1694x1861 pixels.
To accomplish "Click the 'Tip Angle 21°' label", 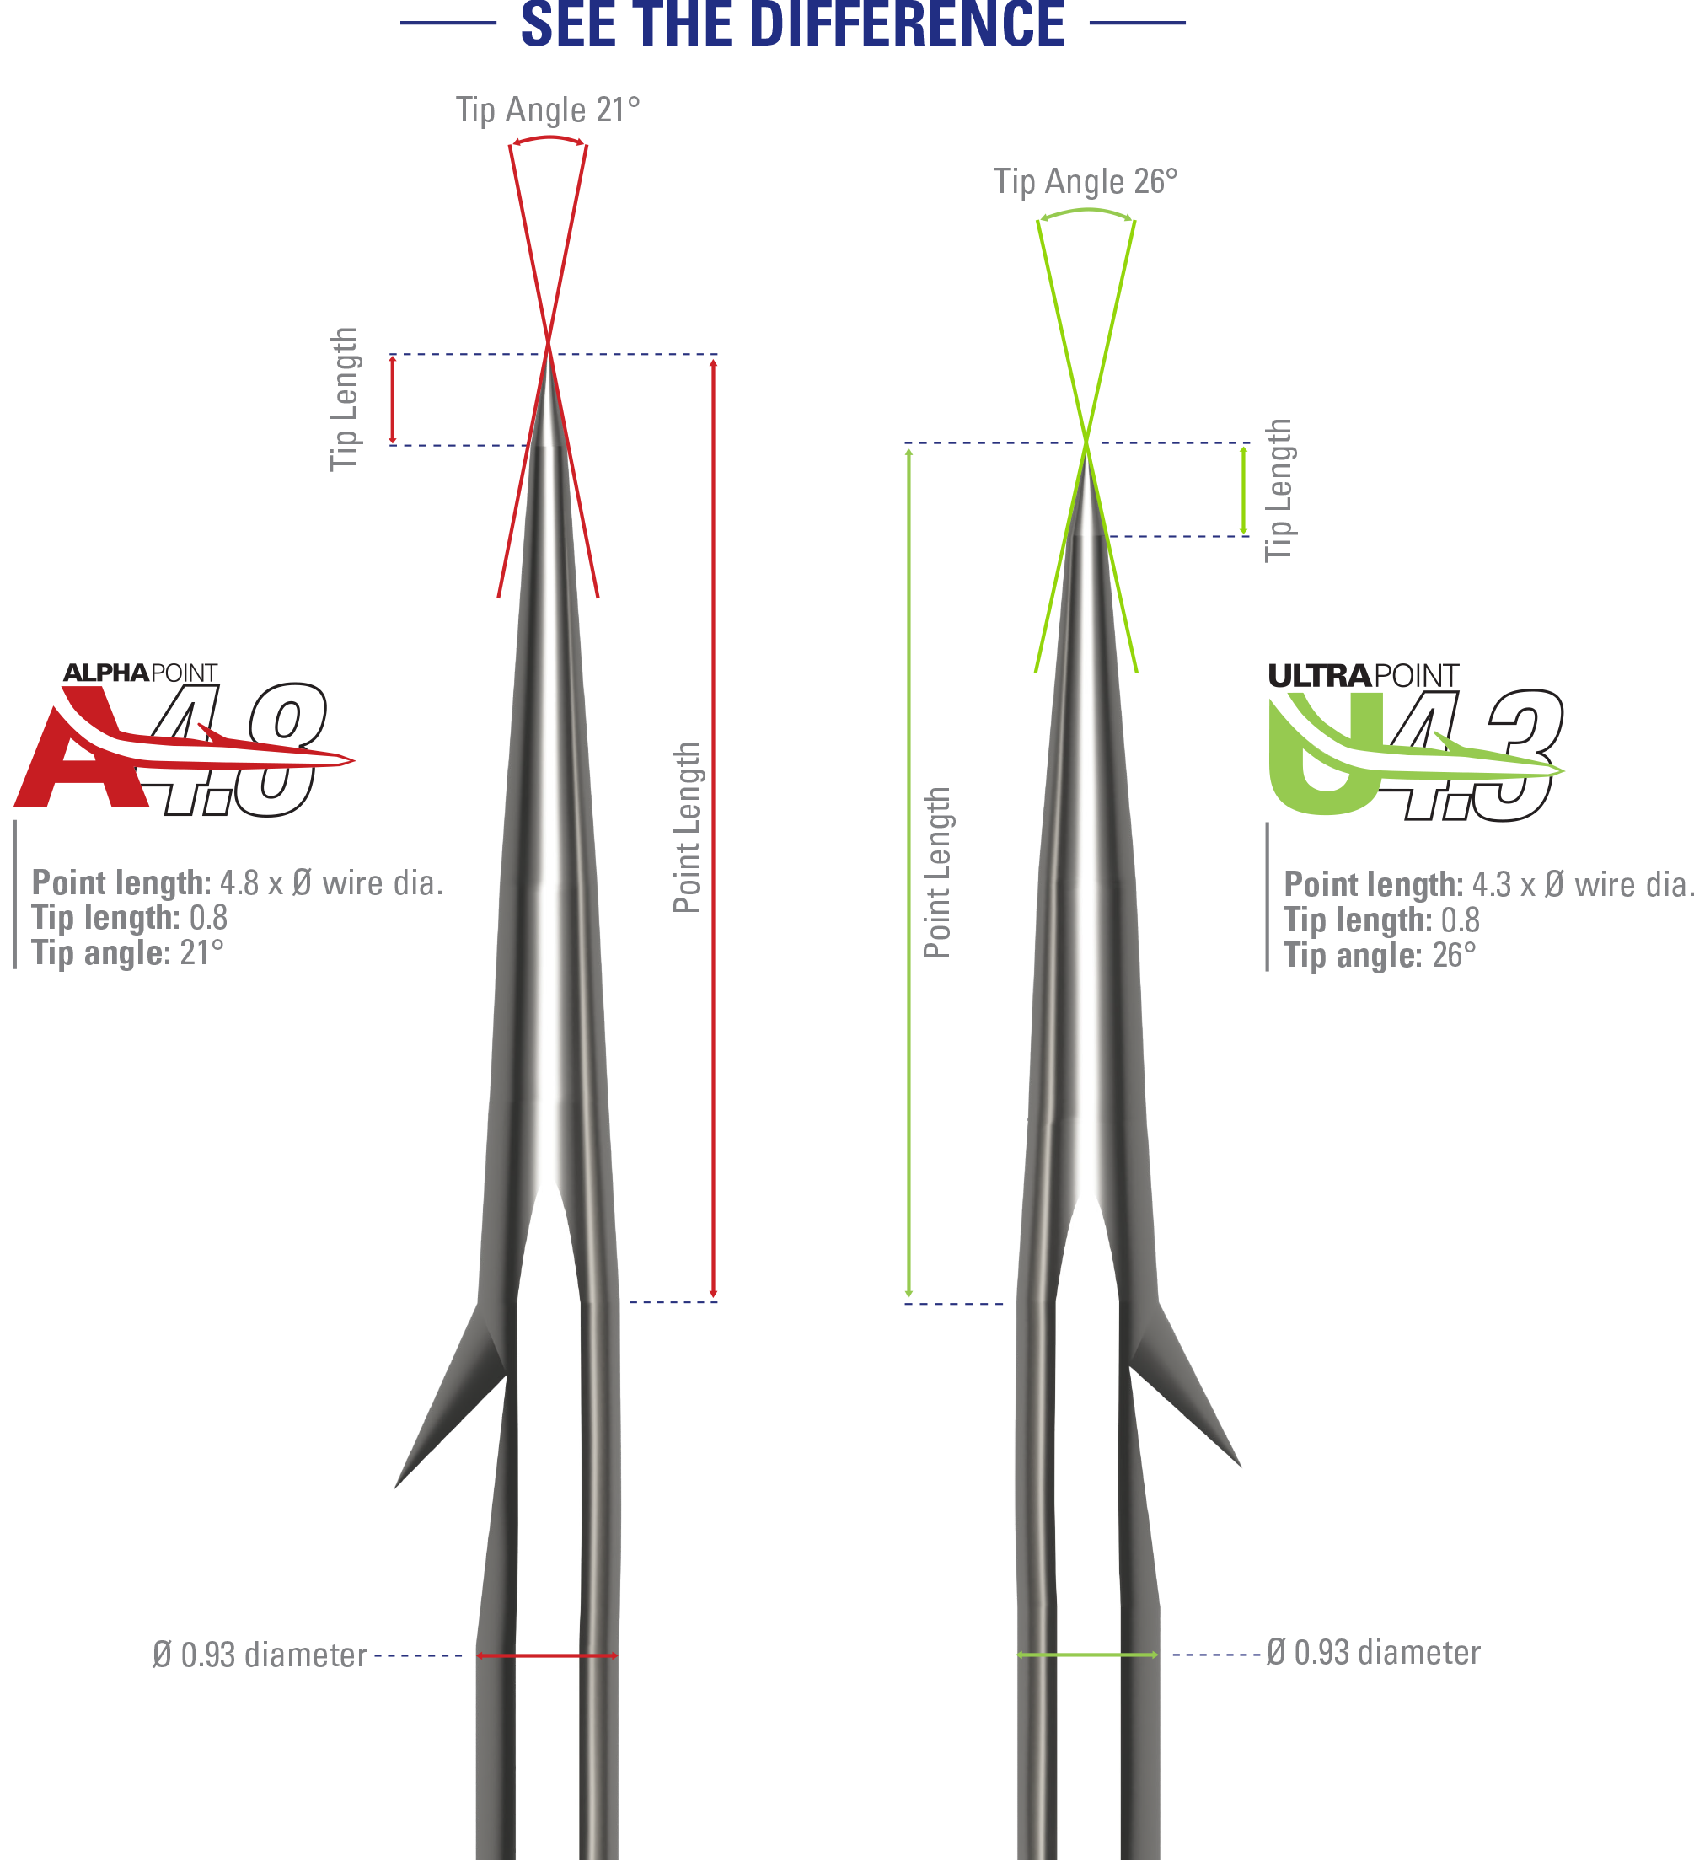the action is click(x=548, y=110).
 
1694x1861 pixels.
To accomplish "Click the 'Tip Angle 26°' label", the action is click(x=1085, y=181).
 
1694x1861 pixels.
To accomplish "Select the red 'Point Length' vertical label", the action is click(x=687, y=826).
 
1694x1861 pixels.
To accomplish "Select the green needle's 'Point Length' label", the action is click(x=937, y=872).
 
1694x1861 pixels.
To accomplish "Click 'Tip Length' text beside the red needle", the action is click(x=345, y=399).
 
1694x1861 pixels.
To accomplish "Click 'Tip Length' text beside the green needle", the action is click(x=1279, y=491).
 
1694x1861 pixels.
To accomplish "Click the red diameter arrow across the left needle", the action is click(x=546, y=1655).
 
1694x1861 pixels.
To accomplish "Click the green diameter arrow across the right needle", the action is click(x=1086, y=1655).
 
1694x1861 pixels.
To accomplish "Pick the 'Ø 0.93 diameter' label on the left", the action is click(x=260, y=1655).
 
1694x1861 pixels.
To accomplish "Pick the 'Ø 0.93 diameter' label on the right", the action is click(x=1373, y=1652).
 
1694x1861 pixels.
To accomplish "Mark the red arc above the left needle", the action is click(x=549, y=138).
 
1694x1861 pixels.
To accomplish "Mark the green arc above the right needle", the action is click(x=1086, y=212).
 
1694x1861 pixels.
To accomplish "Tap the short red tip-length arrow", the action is click(x=393, y=400).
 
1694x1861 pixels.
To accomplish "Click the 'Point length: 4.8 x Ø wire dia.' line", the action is click(x=238, y=883).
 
